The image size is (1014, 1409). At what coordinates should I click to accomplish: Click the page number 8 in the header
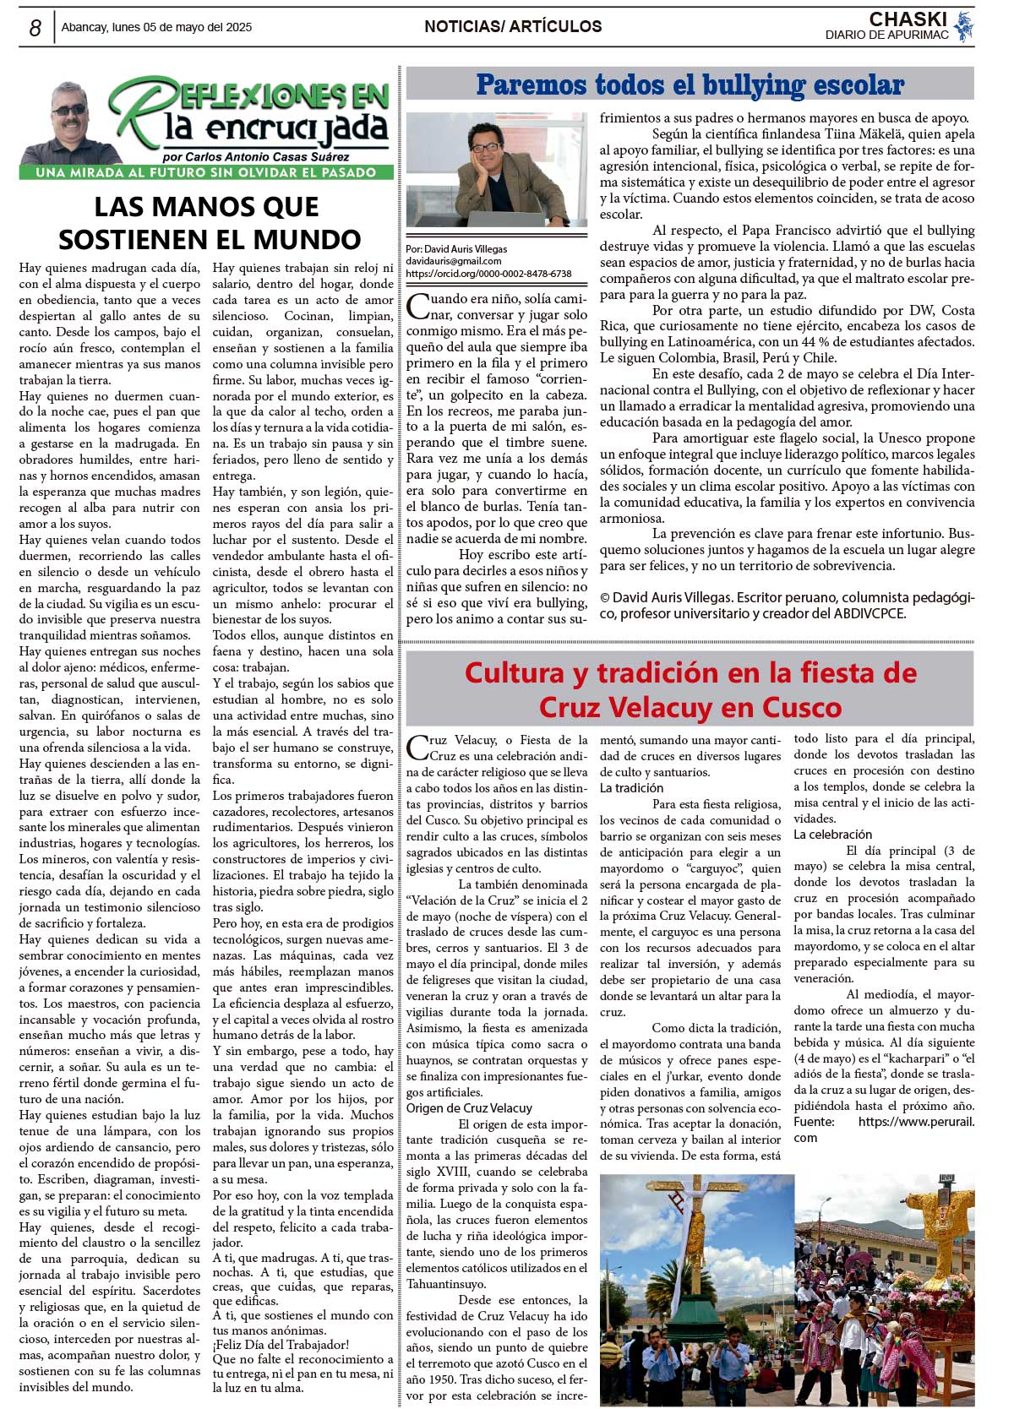pyautogui.click(x=35, y=28)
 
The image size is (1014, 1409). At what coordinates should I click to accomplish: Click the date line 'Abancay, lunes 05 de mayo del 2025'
pyautogui.click(x=156, y=27)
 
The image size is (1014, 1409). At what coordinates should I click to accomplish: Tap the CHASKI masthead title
pyautogui.click(x=908, y=19)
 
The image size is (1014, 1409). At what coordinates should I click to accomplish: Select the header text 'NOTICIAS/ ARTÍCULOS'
pyautogui.click(x=513, y=27)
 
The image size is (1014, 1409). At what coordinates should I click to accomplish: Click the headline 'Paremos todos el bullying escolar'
pyautogui.click(x=690, y=84)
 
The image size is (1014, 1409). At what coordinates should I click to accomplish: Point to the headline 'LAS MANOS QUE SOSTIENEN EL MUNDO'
pyautogui.click(x=209, y=223)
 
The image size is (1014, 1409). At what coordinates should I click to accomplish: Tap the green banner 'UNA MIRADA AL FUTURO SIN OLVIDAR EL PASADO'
pyautogui.click(x=206, y=172)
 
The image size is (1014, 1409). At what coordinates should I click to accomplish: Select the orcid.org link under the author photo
pyautogui.click(x=488, y=274)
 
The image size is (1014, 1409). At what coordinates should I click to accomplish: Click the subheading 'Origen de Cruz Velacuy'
pyautogui.click(x=469, y=1108)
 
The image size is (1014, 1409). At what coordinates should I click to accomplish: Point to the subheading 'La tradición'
pyautogui.click(x=631, y=788)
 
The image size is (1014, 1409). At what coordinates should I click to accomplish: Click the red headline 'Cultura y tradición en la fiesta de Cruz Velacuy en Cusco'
pyautogui.click(x=690, y=689)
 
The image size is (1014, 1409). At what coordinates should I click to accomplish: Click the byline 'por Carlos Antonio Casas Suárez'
pyautogui.click(x=255, y=157)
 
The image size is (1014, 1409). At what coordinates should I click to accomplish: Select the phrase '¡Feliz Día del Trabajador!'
pyautogui.click(x=281, y=1345)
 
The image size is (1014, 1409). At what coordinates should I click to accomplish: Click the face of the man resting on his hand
pyautogui.click(x=485, y=149)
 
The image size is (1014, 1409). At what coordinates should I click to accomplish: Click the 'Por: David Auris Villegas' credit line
pyautogui.click(x=456, y=249)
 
